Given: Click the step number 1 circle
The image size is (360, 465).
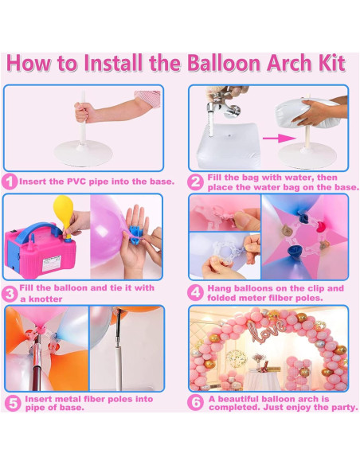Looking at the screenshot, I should point(10,182).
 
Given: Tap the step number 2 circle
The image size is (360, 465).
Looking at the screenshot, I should point(196,181).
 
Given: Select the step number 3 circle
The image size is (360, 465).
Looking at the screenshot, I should point(10,292).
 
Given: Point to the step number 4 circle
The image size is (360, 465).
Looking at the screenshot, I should point(196,292).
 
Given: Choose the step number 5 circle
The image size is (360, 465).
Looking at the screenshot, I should point(11,402).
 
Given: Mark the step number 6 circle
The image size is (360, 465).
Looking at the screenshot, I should point(196,402).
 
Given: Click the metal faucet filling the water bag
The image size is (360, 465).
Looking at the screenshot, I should point(218,106).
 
